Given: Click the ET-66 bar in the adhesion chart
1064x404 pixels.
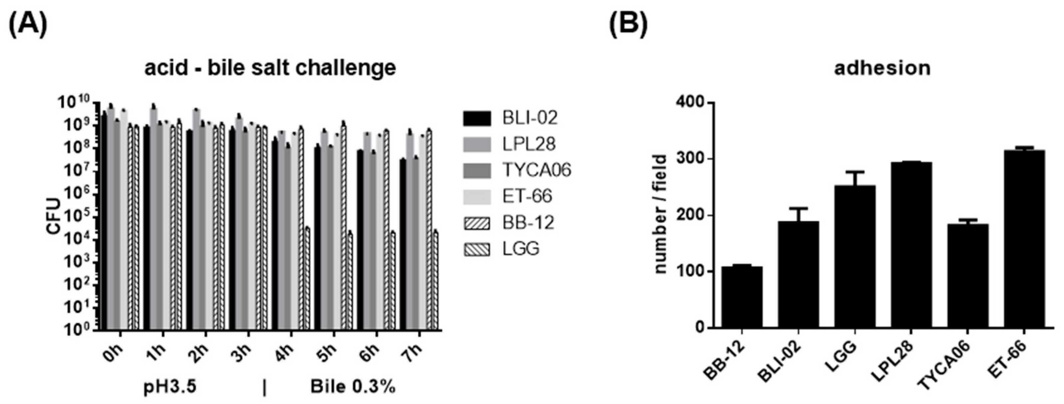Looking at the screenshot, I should tap(1024, 239).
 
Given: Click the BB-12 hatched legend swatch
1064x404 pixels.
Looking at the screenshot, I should tap(477, 223).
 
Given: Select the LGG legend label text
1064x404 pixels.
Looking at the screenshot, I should tap(521, 249).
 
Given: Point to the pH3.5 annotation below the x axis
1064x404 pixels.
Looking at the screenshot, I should tap(170, 387).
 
